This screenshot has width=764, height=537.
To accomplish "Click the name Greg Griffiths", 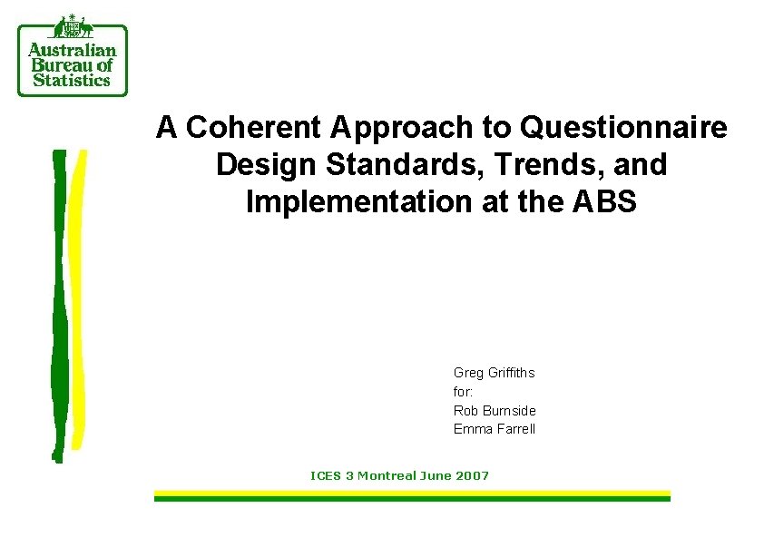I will click(x=494, y=373).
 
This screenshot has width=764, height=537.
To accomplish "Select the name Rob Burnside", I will click(x=495, y=411).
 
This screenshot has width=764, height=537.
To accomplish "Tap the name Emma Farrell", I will click(x=495, y=429).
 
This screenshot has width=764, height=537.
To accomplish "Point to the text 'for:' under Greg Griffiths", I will click(x=463, y=392).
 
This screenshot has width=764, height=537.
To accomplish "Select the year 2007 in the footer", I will click(x=471, y=475).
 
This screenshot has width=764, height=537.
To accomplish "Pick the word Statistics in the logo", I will click(x=72, y=80).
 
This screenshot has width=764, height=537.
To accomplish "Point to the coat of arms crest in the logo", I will click(x=73, y=27).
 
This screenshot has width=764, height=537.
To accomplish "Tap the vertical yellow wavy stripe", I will click(x=78, y=299).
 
